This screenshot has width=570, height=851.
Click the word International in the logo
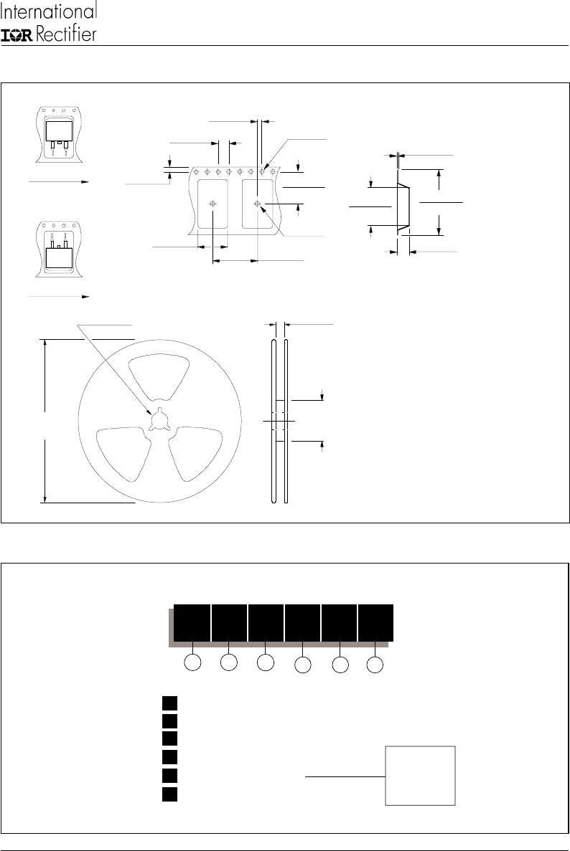49,11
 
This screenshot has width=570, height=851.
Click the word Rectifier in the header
66,34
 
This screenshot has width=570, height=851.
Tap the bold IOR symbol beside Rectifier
18,35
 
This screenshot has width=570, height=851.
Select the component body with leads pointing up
59,260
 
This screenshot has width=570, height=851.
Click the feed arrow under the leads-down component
58,182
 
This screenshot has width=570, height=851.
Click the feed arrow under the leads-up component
58,297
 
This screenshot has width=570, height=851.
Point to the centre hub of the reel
160,419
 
